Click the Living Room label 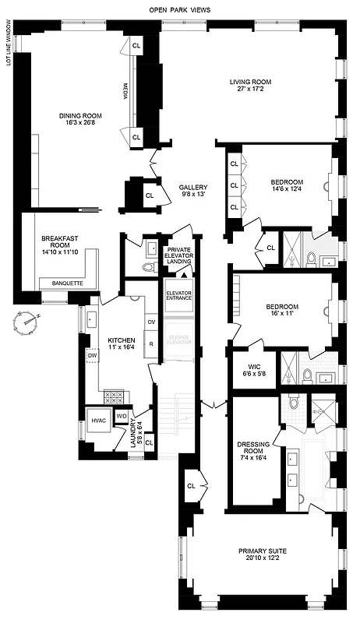[x=249, y=86]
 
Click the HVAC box [x=99, y=421]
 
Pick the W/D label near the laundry [x=122, y=417]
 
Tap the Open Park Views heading [x=179, y=10]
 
